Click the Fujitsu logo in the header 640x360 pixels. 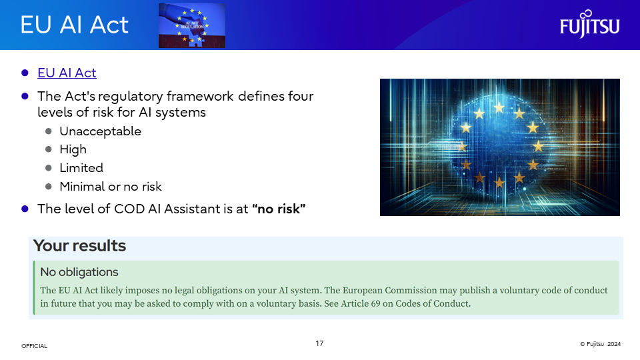[589, 24]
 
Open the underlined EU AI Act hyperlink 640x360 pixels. [67, 73]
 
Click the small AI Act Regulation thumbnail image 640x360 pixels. [192, 25]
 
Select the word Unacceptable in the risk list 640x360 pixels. [101, 131]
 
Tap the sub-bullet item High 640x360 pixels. [73, 149]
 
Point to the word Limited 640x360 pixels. [81, 168]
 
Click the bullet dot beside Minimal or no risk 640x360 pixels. [49, 187]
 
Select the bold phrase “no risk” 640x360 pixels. [279, 209]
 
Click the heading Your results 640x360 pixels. [79, 246]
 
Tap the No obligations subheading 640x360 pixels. [79, 272]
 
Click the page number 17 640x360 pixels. [319, 343]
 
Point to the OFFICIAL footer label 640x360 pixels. [34, 346]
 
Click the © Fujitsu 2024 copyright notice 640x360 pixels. [600, 344]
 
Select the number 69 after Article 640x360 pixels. [375, 303]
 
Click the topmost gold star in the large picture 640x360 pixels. [499, 108]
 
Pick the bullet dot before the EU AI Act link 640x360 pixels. [25, 73]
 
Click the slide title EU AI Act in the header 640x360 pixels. [74, 25]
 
